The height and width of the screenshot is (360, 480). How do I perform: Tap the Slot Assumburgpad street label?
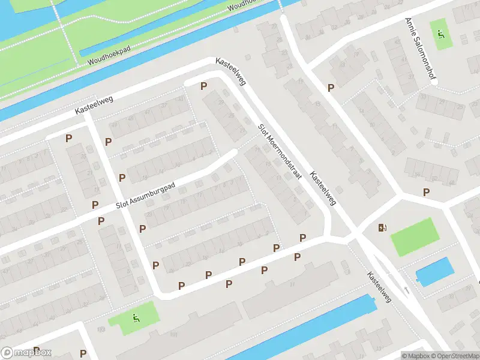coord(146,196)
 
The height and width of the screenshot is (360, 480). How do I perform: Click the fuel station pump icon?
coord(382,227)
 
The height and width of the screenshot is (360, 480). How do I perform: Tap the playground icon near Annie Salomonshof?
coord(441,34)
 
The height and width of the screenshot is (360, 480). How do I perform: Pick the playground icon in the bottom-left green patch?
coord(136,318)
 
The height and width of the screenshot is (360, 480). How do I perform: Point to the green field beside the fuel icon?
coord(415,236)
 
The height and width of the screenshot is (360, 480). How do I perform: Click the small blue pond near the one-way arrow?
coord(433,271)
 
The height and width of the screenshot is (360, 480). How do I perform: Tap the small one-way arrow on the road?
coord(407,290)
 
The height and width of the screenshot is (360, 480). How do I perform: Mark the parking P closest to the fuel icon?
coord(426,192)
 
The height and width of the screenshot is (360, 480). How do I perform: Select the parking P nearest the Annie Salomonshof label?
coord(330,88)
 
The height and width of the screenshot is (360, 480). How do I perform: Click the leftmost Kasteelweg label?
coord(95,106)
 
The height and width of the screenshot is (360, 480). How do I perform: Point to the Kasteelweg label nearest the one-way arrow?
coord(379,286)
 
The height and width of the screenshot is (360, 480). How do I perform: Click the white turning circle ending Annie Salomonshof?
coord(434,82)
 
